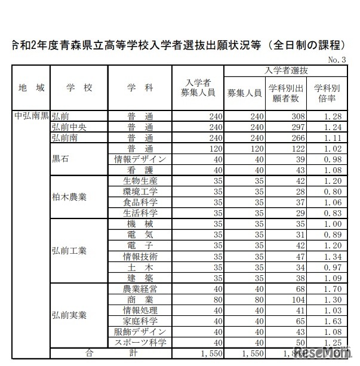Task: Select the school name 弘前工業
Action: click(69, 251)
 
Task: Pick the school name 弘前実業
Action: click(69, 315)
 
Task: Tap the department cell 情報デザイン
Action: click(140, 159)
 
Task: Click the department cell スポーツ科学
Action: click(140, 342)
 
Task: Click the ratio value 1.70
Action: click(331, 288)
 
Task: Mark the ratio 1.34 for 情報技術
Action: click(331, 256)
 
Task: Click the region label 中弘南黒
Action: click(31, 116)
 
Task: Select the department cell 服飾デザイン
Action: click(140, 331)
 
